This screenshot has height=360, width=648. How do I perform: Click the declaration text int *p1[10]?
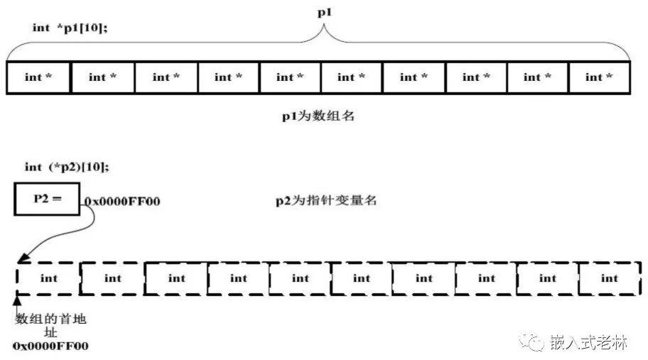click(70, 28)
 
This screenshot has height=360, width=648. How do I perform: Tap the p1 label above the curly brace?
click(325, 12)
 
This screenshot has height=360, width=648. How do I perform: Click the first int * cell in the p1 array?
click(38, 77)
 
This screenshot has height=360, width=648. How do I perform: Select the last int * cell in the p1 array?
click(599, 77)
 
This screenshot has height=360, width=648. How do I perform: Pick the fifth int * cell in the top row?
click(290, 77)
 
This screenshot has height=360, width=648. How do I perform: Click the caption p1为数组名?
click(318, 116)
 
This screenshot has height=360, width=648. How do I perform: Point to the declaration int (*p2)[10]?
click(67, 167)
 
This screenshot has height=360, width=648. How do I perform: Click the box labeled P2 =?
click(47, 199)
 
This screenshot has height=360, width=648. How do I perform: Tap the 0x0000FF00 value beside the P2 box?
click(122, 202)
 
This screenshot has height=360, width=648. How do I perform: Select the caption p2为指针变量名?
click(326, 201)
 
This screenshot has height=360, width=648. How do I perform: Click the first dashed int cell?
click(49, 278)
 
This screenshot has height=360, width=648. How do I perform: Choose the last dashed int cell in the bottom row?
click(610, 278)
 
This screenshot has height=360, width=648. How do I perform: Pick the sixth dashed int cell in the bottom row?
click(362, 278)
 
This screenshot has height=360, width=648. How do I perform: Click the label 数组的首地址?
click(50, 325)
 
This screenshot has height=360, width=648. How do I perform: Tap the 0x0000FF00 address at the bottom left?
click(50, 346)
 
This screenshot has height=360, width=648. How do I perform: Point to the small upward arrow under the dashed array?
click(17, 306)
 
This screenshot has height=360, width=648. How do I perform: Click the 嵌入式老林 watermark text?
click(588, 342)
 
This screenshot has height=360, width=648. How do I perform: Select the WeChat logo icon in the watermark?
click(531, 342)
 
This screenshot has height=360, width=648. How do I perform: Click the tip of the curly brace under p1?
click(324, 25)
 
